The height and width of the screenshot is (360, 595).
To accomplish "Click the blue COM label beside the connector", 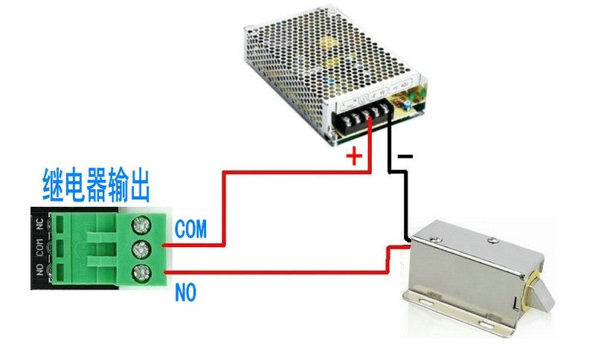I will coord(190,228).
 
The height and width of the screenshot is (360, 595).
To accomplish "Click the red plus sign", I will coord(355,156).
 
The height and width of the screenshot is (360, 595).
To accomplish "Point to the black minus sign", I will coord(405,156).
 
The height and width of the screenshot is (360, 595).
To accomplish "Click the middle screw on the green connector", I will coord(139,248).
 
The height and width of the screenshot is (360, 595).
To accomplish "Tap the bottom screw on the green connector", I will coord(139,273).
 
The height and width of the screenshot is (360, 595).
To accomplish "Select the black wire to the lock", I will coord(405,201).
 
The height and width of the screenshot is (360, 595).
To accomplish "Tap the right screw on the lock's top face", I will coord(492,240).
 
